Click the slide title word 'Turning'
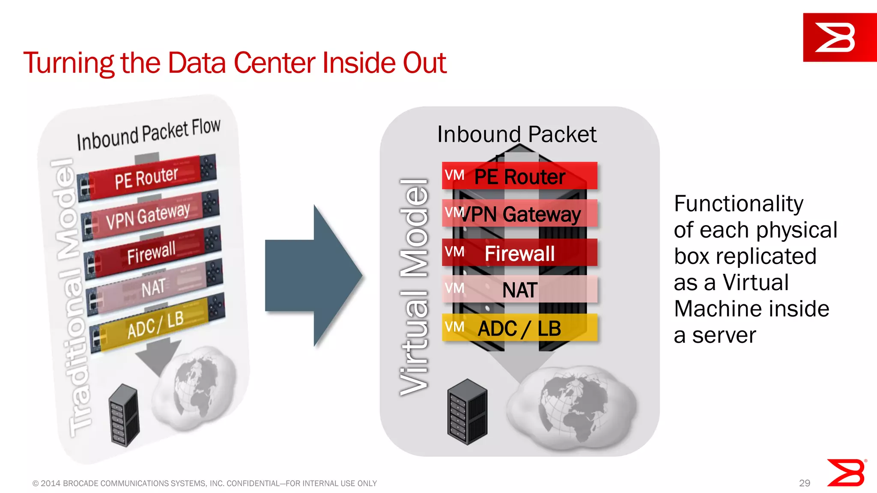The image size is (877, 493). pos(69,63)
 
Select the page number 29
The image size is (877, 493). pos(804,483)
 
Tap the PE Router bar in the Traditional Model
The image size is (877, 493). pos(146,178)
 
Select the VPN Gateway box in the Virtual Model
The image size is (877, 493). pos(519,214)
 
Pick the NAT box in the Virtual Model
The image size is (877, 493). pos(519,290)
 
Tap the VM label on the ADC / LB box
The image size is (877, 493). pos(454,327)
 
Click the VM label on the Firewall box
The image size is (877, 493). pos(454,252)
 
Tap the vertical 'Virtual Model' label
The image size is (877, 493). pos(414,287)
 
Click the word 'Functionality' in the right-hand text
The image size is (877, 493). pos(738,204)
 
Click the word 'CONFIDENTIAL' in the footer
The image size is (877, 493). pos(253,483)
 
